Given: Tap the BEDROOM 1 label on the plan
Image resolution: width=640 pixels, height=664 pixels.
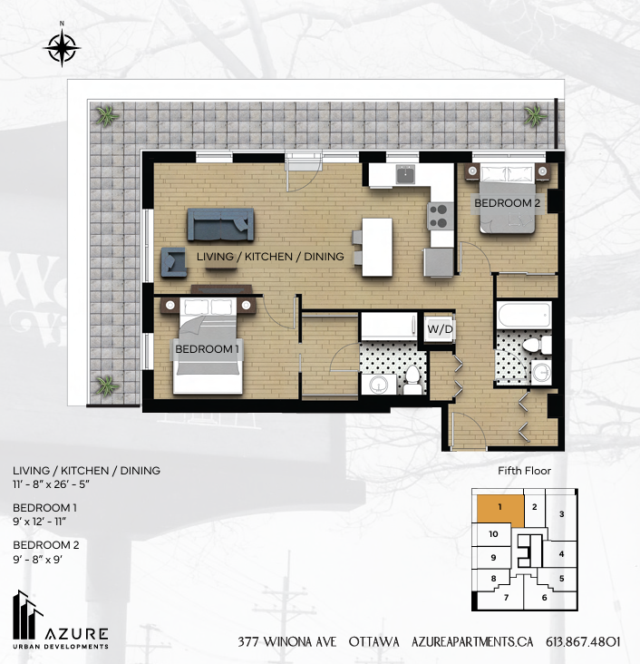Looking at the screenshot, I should [x=208, y=349].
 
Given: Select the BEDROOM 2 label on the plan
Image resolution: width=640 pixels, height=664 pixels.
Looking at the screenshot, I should [x=507, y=204].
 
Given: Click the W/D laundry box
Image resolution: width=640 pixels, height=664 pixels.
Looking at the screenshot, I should [x=440, y=327].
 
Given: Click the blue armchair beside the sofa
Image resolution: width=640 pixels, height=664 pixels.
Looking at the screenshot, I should [x=172, y=261].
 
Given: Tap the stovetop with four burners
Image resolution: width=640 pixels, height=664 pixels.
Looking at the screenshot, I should [x=440, y=214].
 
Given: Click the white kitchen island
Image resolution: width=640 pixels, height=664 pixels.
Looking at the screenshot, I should [x=377, y=248].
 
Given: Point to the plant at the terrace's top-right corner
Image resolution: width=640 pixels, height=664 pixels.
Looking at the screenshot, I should [x=534, y=116].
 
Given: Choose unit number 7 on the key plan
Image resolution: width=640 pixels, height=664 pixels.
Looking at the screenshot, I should [x=506, y=597].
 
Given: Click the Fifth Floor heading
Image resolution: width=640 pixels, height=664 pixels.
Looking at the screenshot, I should [x=524, y=471].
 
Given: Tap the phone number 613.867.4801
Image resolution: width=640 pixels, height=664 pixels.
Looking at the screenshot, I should [x=583, y=641].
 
